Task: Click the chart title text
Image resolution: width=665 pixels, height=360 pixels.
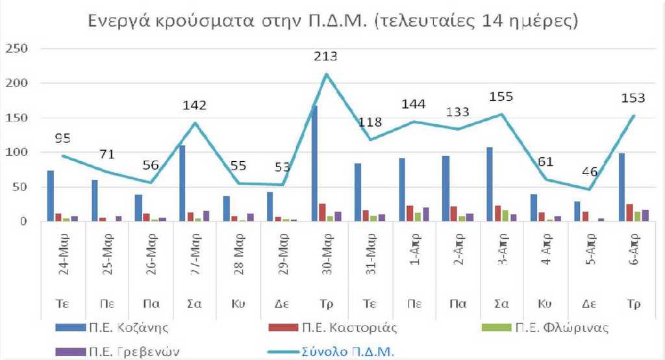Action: pyautogui.click(x=332, y=21)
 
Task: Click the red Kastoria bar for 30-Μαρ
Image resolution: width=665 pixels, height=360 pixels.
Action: pyautogui.click(x=323, y=212)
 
